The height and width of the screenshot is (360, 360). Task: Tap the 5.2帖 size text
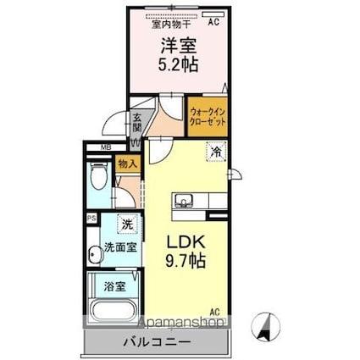point(180,64)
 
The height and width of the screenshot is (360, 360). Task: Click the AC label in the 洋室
point(213,23)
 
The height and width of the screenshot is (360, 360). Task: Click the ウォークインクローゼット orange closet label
point(208,116)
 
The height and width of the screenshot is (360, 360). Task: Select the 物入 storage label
point(128,163)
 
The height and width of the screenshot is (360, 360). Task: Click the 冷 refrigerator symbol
point(216,152)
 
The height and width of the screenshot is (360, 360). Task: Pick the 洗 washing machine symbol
point(125,224)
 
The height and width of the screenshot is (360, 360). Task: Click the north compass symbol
point(268,326)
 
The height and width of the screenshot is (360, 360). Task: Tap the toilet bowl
point(98,179)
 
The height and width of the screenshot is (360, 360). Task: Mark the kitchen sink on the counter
point(186,201)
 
